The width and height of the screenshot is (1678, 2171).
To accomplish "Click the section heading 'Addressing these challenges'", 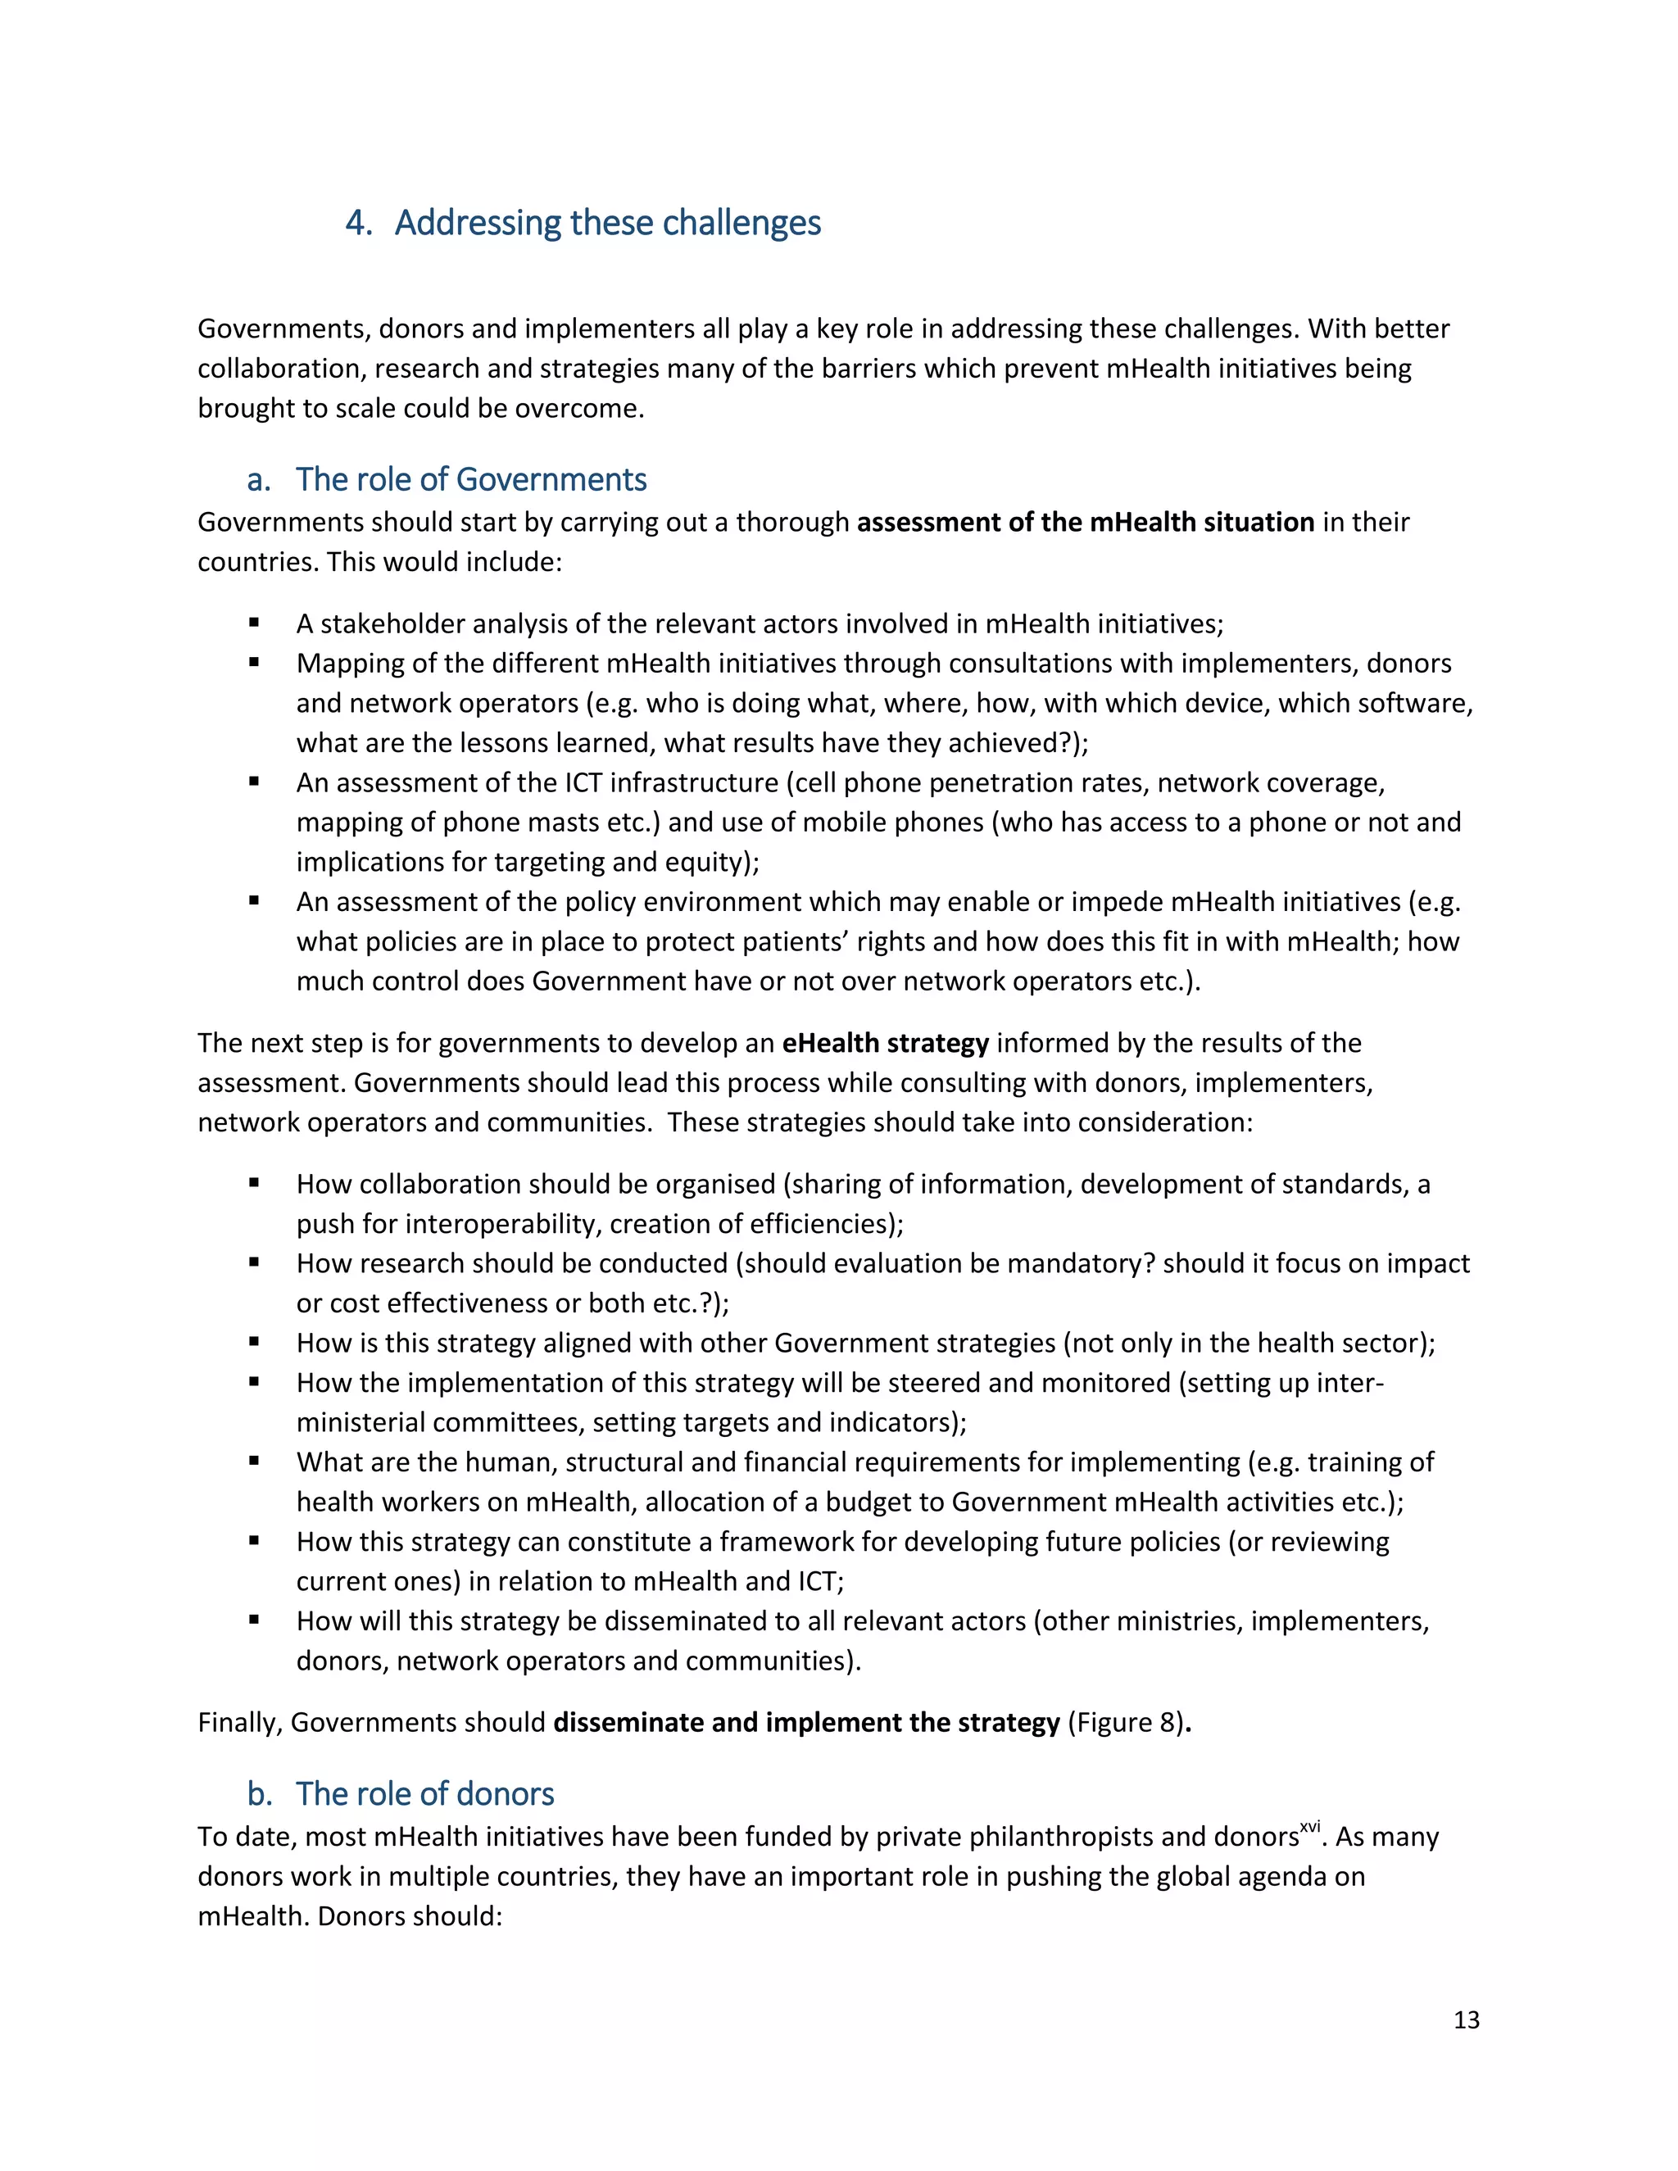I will pyautogui.click(x=607, y=223).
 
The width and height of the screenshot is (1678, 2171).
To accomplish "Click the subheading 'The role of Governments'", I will pyautogui.click(x=470, y=479).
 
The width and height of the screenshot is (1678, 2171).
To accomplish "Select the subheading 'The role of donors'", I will pyautogui.click(x=424, y=1793).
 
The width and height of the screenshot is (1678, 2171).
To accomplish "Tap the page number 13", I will pyautogui.click(x=1467, y=2020).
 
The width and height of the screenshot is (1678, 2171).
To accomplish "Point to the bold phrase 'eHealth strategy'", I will pyautogui.click(x=885, y=1043).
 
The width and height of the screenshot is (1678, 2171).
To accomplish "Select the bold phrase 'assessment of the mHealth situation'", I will pyautogui.click(x=1086, y=522).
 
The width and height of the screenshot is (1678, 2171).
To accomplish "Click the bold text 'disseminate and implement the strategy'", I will pyautogui.click(x=806, y=1723).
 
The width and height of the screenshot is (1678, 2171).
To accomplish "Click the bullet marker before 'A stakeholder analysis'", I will pyautogui.click(x=255, y=623).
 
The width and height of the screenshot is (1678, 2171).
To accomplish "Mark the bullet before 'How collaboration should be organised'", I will pyautogui.click(x=255, y=1183).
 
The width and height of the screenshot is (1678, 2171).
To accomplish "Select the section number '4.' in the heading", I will pyautogui.click(x=358, y=223).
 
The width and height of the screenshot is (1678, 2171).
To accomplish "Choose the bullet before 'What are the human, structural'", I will pyautogui.click(x=255, y=1462).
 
